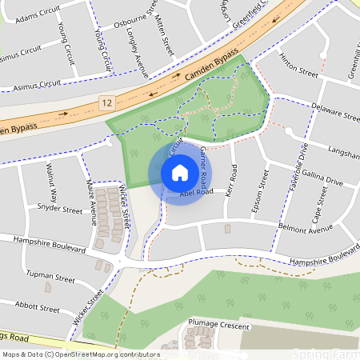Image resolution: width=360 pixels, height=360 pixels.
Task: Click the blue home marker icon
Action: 179,172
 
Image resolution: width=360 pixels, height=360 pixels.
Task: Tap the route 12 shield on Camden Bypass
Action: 106,102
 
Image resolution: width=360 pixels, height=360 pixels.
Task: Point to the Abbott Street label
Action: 38,308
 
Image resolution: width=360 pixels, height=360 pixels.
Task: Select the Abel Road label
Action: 196,193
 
